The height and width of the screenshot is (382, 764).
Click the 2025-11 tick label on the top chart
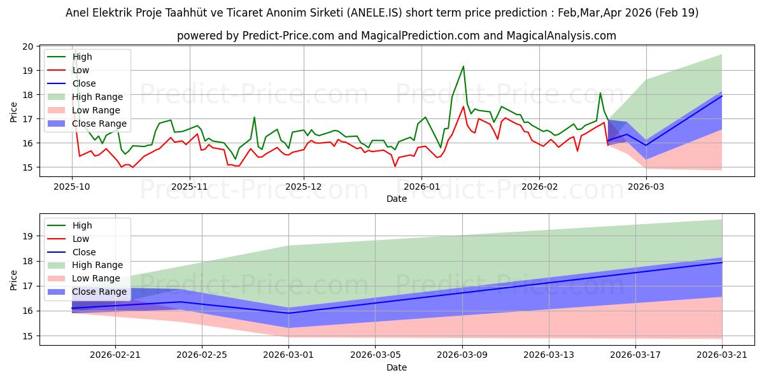(189, 187)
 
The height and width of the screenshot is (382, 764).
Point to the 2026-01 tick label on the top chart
(422, 187)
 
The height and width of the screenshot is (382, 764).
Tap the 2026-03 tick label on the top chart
(646, 187)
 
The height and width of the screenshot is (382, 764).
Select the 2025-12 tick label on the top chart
(304, 187)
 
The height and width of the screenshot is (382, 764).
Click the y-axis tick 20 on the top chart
(28, 46)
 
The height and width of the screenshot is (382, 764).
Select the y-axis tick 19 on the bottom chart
(28, 236)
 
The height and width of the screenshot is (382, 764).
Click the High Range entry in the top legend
(97, 97)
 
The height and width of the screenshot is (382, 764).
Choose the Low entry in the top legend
(81, 70)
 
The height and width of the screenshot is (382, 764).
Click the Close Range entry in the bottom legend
(99, 292)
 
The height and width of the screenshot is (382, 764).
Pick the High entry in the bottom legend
(82, 225)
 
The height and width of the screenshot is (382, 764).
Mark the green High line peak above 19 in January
(463, 66)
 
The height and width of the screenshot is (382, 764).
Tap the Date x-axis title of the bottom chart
(396, 367)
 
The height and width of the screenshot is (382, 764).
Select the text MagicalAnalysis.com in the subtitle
(561, 36)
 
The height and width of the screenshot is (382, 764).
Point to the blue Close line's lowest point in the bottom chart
(288, 313)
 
